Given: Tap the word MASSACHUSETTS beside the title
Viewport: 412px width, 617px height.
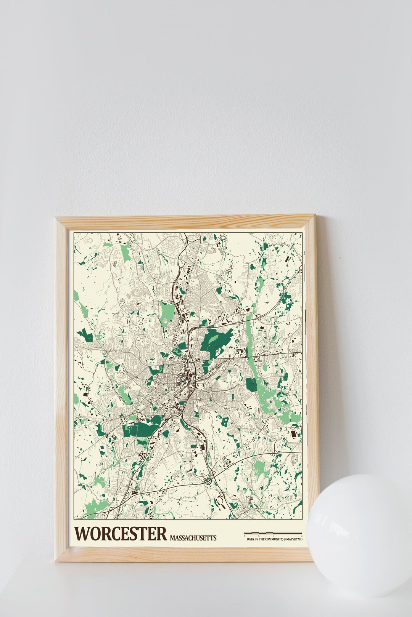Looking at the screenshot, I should tap(193, 538).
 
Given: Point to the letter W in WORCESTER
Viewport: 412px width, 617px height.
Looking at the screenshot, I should tap(82, 534).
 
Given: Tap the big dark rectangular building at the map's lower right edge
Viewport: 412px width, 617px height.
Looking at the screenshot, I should tap(293, 435).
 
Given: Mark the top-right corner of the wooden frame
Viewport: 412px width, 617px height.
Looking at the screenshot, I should tap(315, 216).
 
